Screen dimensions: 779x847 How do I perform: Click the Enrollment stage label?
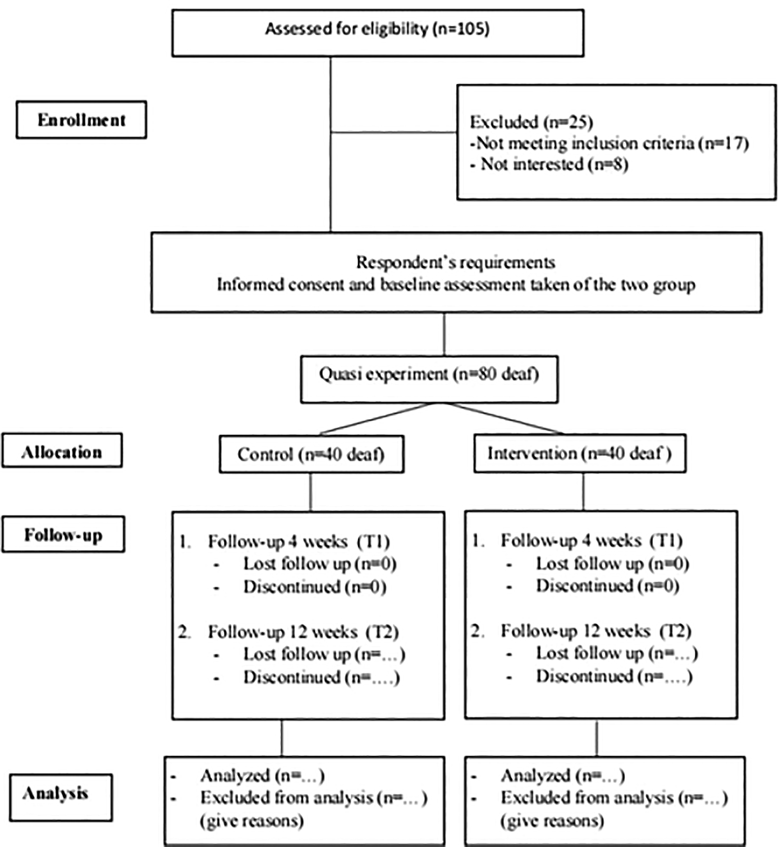81,120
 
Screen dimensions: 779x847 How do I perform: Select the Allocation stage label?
62,452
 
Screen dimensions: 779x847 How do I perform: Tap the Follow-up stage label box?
63,534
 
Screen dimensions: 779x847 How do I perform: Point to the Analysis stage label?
56,793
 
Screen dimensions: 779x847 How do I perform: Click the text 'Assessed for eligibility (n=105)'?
378,29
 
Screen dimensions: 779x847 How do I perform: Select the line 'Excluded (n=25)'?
531,122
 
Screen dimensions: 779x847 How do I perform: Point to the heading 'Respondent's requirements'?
456,262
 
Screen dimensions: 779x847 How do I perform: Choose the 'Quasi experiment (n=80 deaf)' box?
429,379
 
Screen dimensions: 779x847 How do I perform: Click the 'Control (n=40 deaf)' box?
311,454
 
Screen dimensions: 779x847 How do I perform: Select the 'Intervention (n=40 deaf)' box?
580,453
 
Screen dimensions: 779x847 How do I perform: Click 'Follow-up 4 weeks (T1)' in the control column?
299,541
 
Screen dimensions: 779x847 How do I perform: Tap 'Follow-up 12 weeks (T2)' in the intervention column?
596,631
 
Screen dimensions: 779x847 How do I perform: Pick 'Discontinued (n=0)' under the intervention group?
608,585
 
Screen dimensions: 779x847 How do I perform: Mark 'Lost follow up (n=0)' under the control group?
319,564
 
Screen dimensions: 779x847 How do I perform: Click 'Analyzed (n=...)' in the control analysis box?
262,775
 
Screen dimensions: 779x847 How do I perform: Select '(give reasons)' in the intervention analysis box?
552,821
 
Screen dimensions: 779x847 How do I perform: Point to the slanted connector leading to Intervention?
502,418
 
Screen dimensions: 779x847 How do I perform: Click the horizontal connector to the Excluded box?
393,132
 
